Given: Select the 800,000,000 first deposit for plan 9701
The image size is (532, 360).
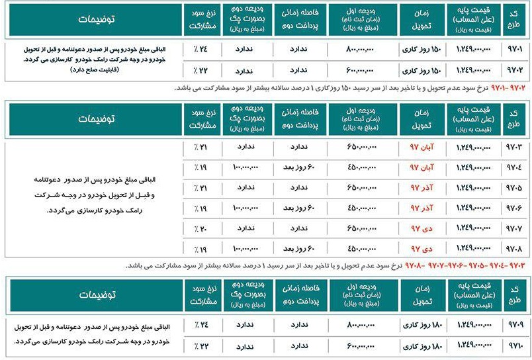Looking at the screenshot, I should [361, 49].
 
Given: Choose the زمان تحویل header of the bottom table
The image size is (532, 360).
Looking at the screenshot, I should [420, 294].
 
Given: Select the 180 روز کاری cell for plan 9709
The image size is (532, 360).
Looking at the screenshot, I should [420, 326].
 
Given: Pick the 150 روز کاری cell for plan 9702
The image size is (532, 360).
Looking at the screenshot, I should [420, 69].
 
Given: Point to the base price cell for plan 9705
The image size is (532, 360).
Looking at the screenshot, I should [472, 188].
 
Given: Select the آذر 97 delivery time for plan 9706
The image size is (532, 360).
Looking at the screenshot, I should [420, 208].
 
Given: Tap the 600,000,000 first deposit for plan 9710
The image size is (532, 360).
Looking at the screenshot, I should [361, 346].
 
